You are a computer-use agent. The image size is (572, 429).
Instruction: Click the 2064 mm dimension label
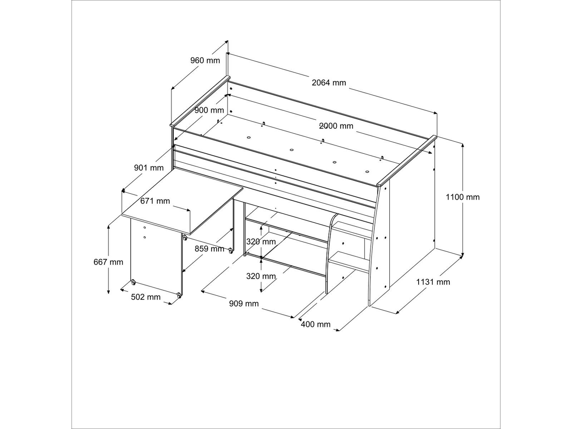point(329,83)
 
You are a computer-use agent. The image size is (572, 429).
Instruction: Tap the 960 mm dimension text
point(205,60)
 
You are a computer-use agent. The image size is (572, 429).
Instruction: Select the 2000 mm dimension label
point(336,126)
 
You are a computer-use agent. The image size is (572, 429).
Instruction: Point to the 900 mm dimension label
point(209,110)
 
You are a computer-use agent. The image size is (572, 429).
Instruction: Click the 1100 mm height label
point(463,197)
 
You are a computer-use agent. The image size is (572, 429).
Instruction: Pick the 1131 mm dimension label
point(433,282)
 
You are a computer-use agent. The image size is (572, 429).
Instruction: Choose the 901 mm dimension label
point(149,168)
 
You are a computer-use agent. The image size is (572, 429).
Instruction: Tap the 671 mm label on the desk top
point(155,201)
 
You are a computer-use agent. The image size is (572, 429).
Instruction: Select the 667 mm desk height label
point(108,262)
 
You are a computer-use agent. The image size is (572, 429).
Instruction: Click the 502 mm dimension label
point(146,297)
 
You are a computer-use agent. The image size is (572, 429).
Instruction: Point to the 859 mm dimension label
point(209,249)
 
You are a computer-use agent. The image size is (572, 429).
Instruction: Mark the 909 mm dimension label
point(244,304)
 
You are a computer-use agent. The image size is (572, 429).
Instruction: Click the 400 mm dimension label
point(316,324)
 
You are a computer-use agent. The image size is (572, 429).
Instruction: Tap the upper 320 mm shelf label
point(261,242)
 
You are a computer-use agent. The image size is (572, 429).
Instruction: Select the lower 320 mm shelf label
point(261,276)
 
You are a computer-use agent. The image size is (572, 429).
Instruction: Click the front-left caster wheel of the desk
point(133,282)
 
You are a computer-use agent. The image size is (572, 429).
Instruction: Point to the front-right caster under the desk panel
point(179,295)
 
